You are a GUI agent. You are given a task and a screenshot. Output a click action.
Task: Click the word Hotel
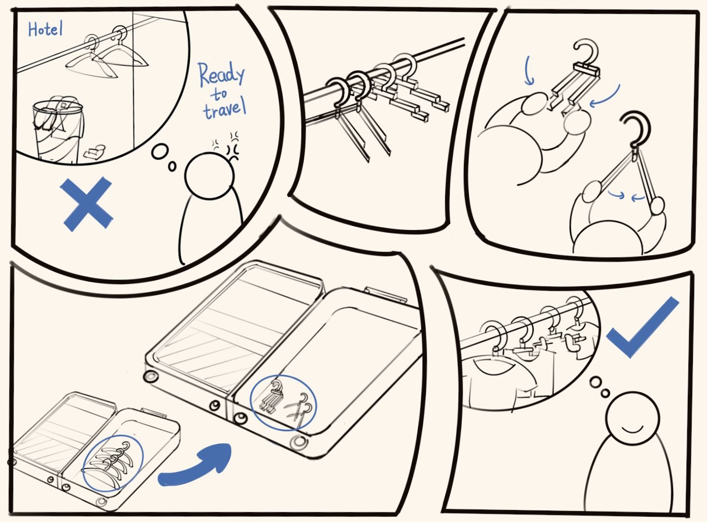point(45,30)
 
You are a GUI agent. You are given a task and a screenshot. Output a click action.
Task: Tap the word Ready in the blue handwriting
point(221,75)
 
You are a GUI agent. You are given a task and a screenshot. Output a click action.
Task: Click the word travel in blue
point(225,109)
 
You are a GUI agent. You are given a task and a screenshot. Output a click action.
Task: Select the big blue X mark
point(86,203)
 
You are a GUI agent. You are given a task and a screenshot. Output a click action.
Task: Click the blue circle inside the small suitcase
point(112,462)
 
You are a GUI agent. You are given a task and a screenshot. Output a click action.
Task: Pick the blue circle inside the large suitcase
point(284,402)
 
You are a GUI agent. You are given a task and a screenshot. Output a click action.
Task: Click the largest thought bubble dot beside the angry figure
point(160,151)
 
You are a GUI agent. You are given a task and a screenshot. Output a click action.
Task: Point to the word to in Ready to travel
point(219,94)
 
